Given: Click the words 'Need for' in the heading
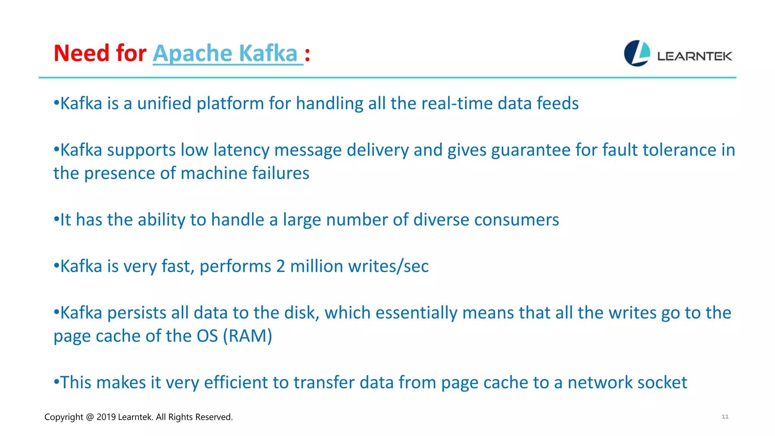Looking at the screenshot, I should pos(100,53).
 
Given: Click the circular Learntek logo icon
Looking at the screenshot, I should pos(637,53).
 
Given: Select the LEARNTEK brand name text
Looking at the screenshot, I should pos(694,56).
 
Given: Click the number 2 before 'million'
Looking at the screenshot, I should pos(280,266).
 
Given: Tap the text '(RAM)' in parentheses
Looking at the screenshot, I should pos(247,336).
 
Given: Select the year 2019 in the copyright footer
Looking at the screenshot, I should pos(106,417).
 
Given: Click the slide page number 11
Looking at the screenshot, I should pos(725,417).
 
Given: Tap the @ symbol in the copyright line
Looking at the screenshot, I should pos(90,417).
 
